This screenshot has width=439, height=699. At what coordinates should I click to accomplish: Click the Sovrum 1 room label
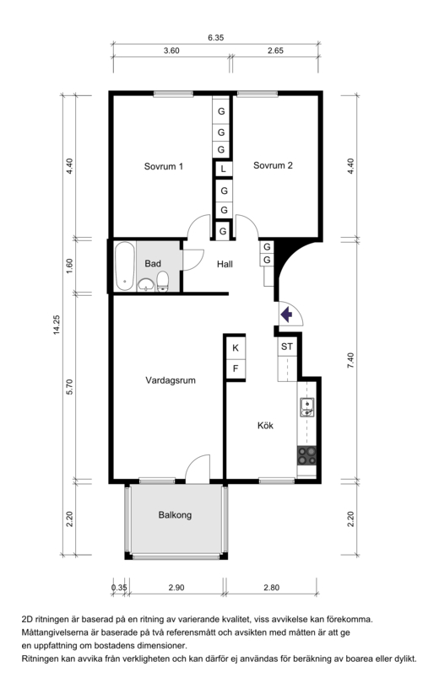(x=163, y=166)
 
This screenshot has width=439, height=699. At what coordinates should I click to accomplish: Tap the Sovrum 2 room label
(x=273, y=165)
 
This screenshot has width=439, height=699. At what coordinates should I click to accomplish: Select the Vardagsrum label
(x=171, y=380)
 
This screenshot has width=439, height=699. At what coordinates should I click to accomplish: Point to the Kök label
(x=265, y=425)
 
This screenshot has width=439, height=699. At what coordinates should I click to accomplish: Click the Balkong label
(x=175, y=515)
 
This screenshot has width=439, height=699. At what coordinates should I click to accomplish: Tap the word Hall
(x=225, y=264)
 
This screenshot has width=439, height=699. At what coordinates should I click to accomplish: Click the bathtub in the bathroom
(x=124, y=266)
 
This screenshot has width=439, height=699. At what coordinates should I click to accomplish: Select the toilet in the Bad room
(x=163, y=282)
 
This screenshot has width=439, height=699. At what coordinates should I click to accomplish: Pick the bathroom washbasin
(x=146, y=284)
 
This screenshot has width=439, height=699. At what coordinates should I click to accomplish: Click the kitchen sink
(x=307, y=407)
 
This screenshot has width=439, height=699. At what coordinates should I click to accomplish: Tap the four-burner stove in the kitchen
(x=307, y=455)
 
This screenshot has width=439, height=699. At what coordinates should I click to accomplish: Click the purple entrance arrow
(x=286, y=315)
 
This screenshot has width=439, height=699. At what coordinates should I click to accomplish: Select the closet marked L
(x=223, y=169)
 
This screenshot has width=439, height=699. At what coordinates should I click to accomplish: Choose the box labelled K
(x=236, y=347)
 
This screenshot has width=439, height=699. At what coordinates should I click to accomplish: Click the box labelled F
(x=236, y=368)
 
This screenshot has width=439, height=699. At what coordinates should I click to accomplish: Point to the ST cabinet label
(x=287, y=347)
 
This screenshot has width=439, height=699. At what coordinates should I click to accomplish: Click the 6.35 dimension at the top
(x=215, y=38)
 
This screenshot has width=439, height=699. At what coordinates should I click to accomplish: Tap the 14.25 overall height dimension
(x=57, y=325)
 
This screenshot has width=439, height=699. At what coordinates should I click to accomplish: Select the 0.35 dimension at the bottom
(x=119, y=588)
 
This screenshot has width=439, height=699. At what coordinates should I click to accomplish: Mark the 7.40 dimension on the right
(x=350, y=360)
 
